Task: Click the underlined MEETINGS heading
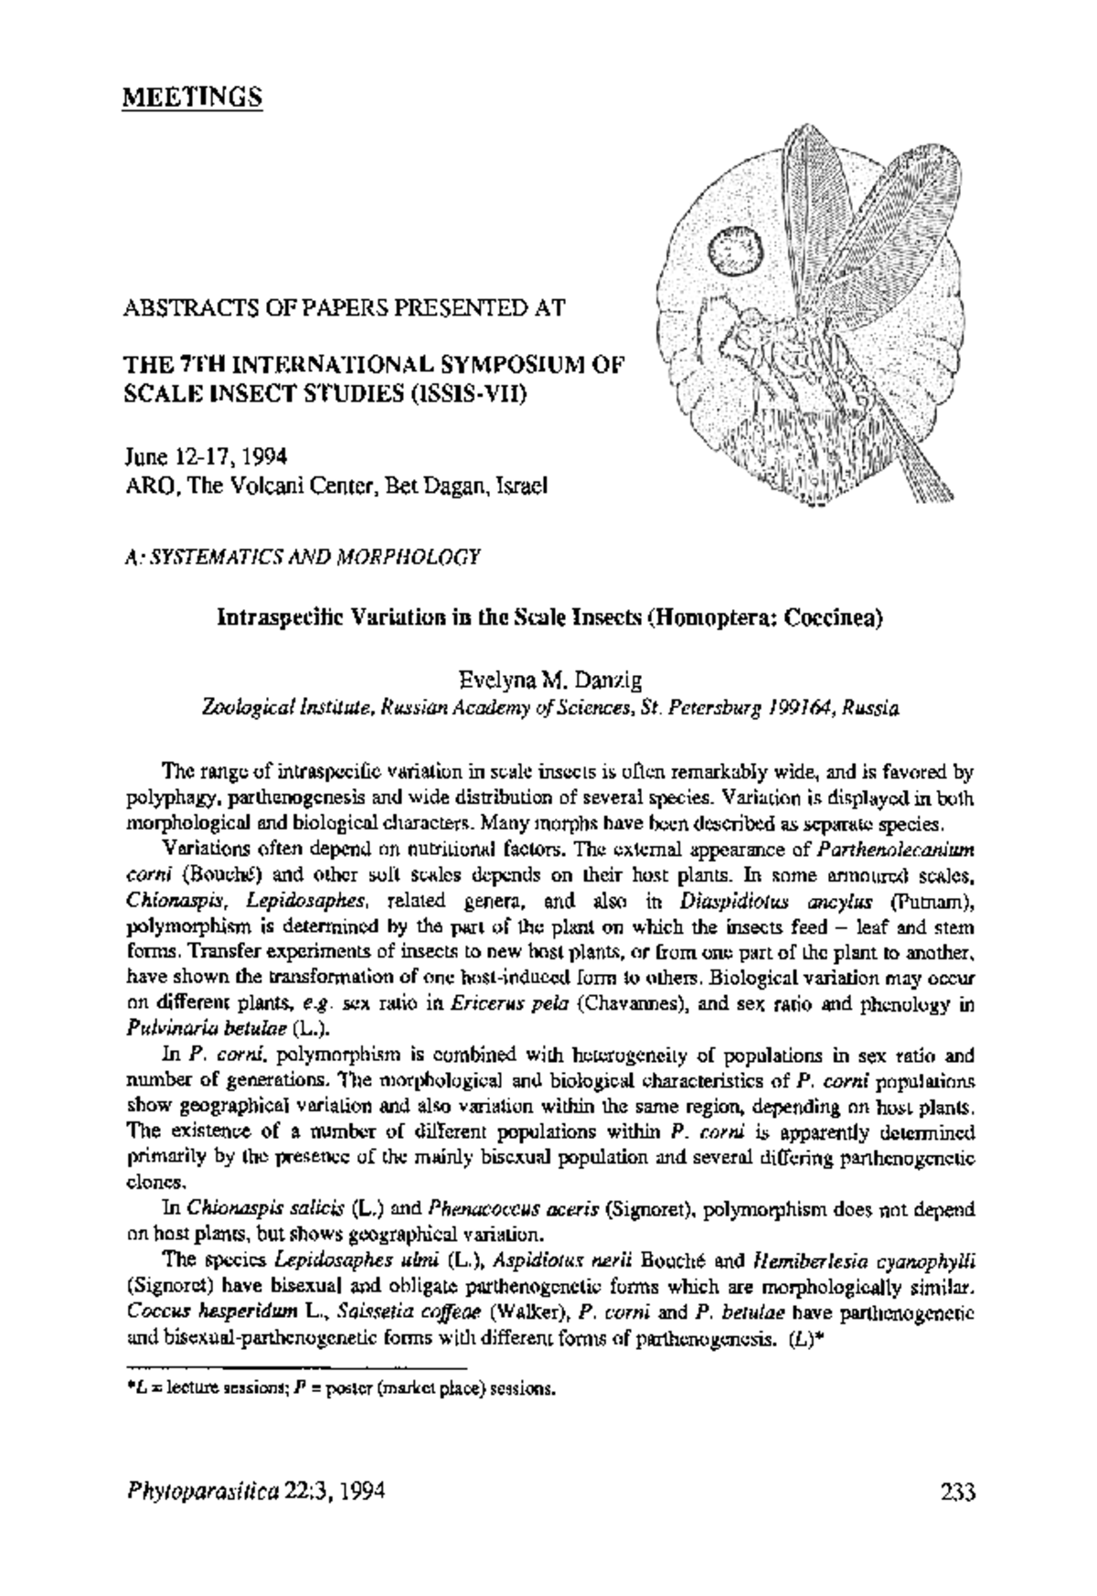coord(192,97)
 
